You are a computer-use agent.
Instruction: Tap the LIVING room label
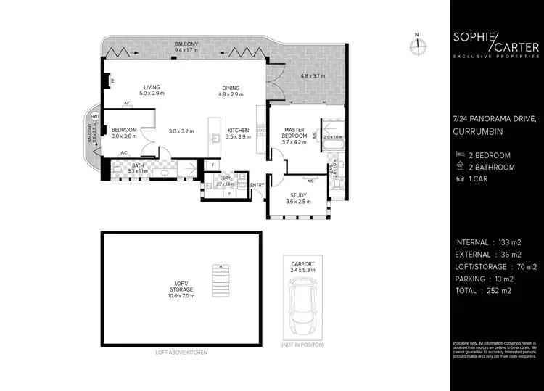click(x=152, y=89)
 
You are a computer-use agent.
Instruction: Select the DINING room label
click(x=233, y=89)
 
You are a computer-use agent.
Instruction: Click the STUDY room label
click(x=298, y=198)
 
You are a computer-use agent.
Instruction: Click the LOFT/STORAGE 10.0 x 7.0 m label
click(x=182, y=289)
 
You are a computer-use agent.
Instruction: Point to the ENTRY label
click(x=257, y=185)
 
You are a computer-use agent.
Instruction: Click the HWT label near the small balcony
click(x=95, y=117)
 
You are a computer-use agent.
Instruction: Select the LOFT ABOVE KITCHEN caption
click(x=182, y=352)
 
